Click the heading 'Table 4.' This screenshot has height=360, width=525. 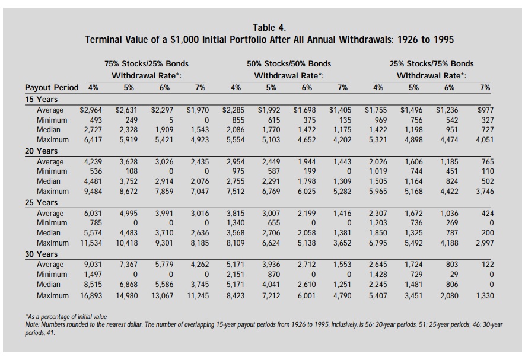tap(269, 27)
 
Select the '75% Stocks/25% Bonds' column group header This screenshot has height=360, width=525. tap(147, 63)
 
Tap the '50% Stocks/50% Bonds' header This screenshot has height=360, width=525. tap(289, 63)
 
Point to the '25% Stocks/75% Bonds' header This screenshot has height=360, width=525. tap(432, 63)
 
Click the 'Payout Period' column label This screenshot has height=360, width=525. tap(52, 87)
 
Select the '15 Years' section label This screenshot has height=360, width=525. tap(41, 100)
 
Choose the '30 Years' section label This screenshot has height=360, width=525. tap(41, 254)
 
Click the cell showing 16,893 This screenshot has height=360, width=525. tap(91, 296)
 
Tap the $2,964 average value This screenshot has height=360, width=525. tap(91, 110)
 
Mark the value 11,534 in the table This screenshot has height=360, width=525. tap(91, 243)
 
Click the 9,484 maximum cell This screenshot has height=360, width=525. tap(93, 191)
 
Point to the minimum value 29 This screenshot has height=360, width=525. tap(454, 274)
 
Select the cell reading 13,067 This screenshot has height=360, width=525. tap(163, 296)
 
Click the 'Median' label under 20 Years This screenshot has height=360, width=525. tap(49, 181)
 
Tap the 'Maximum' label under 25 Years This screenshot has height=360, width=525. tap(53, 243)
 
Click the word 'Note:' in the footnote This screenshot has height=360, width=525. tap(33, 324)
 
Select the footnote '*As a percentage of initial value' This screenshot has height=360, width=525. tap(66, 317)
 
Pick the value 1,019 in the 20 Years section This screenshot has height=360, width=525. tap(378, 171)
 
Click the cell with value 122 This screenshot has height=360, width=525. tap(488, 265)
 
